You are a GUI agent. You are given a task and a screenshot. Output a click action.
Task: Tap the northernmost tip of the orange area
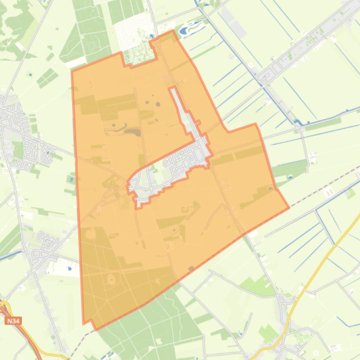(174, 31)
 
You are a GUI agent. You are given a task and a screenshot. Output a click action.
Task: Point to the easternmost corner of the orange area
(288, 207)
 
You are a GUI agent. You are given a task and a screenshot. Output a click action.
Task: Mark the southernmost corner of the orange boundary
(96, 329)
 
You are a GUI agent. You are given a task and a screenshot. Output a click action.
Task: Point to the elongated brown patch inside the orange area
(132, 132)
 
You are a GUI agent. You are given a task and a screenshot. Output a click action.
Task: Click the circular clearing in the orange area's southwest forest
(112, 280)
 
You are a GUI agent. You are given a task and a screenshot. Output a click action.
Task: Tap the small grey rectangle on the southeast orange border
(191, 268)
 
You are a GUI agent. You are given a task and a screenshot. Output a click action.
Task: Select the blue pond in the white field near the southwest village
(69, 268)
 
